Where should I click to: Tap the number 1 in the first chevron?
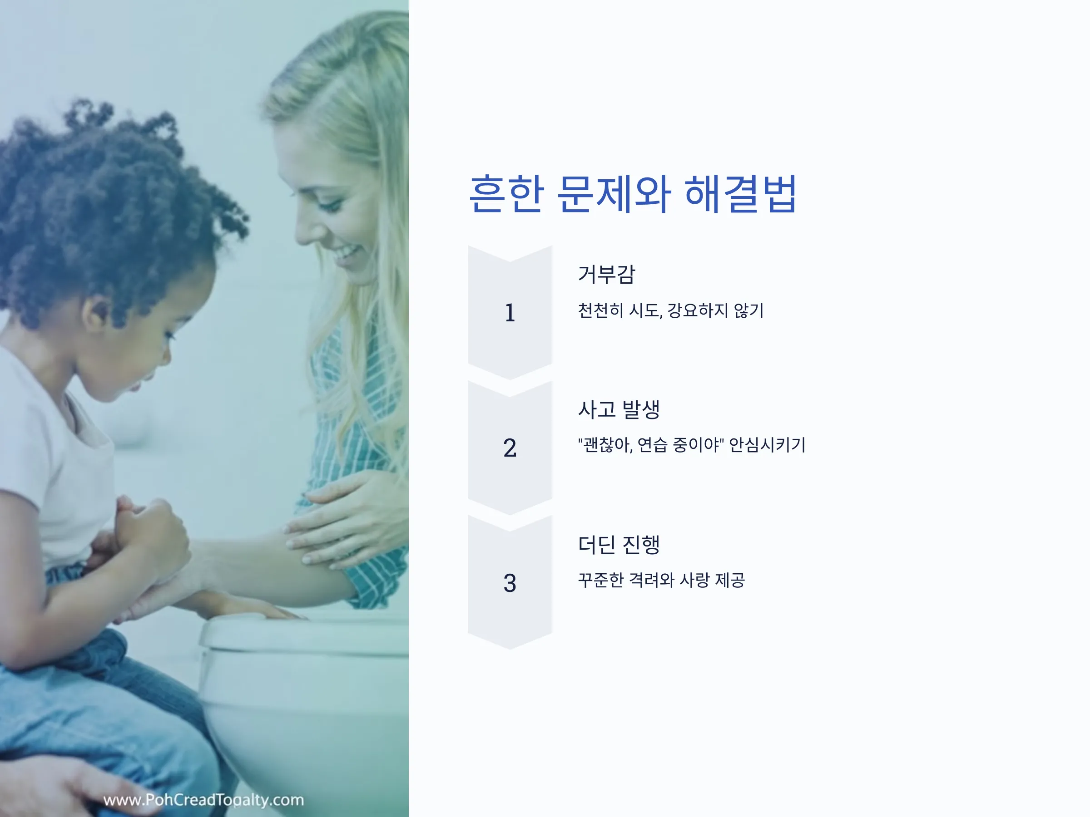(510, 313)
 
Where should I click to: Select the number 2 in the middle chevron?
(510, 448)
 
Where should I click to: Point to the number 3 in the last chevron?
(510, 583)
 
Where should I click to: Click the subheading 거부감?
(607, 274)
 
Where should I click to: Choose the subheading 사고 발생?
(619, 409)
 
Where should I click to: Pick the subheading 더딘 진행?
(619, 545)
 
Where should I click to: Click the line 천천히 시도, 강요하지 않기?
(671, 311)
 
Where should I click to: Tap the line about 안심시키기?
(692, 445)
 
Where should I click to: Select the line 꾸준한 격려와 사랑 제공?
(661, 580)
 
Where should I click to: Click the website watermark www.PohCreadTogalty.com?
(203, 800)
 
